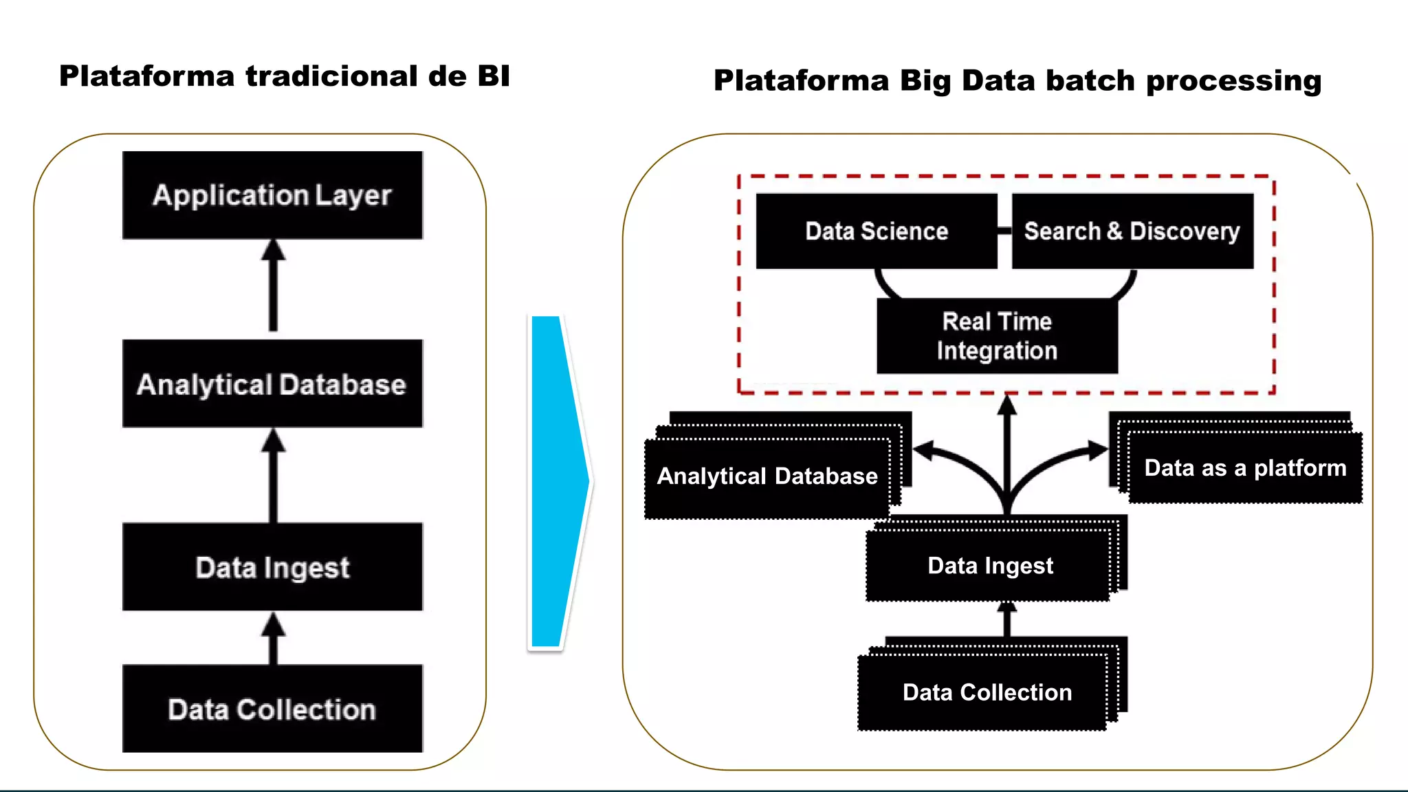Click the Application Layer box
[272, 195]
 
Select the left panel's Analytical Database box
[272, 384]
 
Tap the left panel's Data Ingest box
[272, 567]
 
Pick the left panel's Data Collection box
[272, 709]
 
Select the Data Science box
[877, 231]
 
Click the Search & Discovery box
[1132, 231]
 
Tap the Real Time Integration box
[997, 336]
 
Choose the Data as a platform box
[1245, 468]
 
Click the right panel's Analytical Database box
[767, 476]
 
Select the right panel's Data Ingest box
[990, 566]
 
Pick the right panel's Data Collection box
[987, 692]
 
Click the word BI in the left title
[494, 76]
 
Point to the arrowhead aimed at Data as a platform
[1098, 451]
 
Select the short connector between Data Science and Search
[1004, 231]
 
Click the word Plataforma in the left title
[146, 76]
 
